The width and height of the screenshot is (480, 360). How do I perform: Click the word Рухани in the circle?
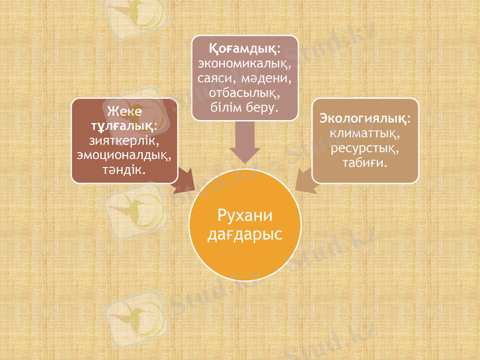[x=244, y=216]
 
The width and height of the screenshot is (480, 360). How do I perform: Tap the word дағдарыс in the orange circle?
[x=244, y=234]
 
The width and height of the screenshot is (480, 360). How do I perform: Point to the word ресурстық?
[x=365, y=147]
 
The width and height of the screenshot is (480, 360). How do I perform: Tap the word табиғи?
[x=365, y=162]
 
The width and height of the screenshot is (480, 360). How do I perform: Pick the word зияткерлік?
[x=124, y=141]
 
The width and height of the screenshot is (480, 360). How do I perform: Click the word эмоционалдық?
[x=124, y=155]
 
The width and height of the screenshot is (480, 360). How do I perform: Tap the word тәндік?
[x=124, y=170]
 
